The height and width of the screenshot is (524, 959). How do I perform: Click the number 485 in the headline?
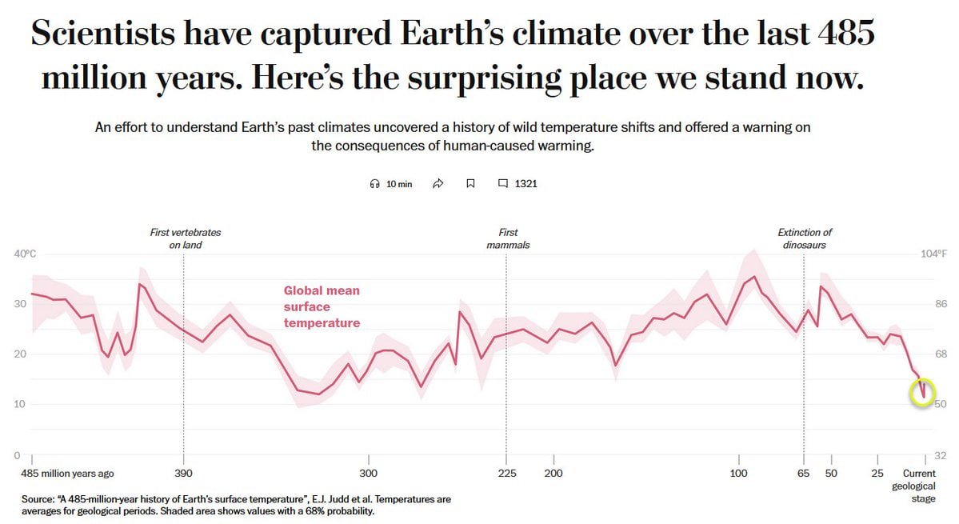coord(846,34)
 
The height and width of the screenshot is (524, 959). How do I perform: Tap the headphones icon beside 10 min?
coord(374,184)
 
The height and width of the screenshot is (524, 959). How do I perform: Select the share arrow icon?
coord(438,184)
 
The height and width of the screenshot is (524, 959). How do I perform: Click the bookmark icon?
coord(470,184)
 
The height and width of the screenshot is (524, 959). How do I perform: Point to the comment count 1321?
coord(525,184)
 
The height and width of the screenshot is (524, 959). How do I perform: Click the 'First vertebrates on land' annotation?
coord(186,238)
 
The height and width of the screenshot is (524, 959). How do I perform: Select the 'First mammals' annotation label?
coord(508,238)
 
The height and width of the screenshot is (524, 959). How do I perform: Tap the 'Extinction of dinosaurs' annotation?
coord(805,238)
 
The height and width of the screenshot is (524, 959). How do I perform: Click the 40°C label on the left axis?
coord(26,254)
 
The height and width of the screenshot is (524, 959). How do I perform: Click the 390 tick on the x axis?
coord(183,473)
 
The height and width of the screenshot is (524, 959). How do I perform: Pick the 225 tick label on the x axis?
coord(506,473)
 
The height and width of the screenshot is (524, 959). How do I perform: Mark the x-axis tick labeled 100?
coord(738,473)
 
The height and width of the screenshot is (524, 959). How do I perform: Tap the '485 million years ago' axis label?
coord(68,473)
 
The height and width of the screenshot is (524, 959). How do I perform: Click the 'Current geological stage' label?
coord(924,486)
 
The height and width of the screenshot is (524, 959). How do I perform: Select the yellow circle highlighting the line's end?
coord(922,393)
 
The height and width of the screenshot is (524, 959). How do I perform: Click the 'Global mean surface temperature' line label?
coord(322,306)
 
